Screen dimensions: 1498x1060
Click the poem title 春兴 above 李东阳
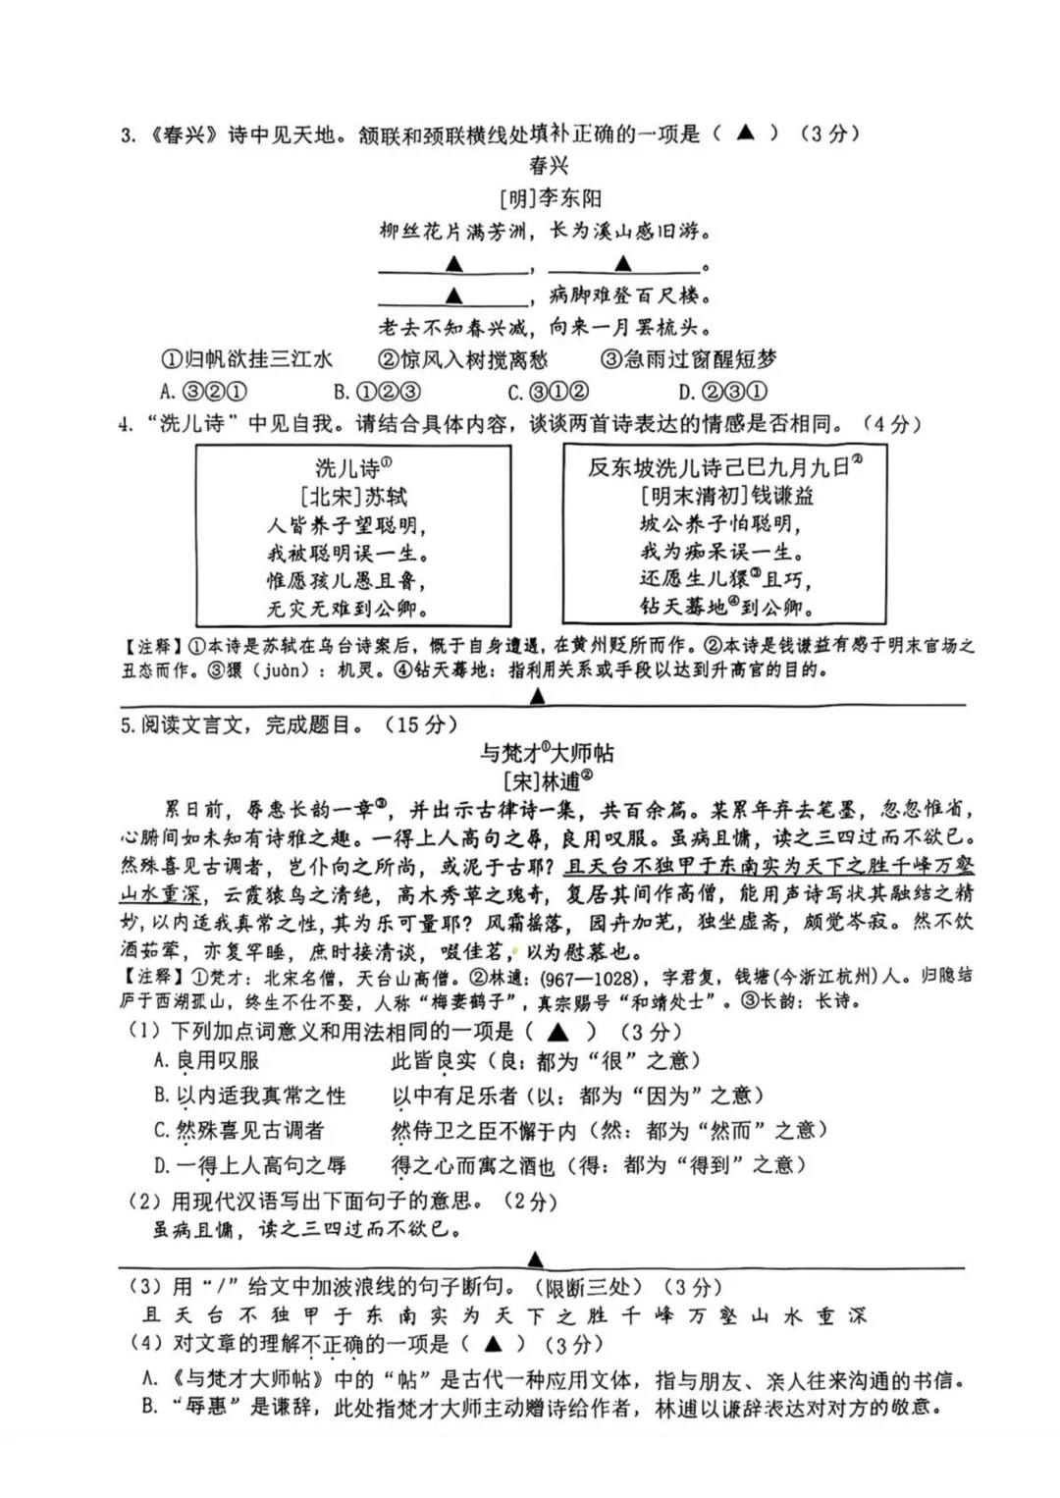[549, 165]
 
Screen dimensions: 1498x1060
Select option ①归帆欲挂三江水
[246, 359]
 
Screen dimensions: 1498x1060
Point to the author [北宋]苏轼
[353, 496]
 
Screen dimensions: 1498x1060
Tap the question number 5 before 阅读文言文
[127, 725]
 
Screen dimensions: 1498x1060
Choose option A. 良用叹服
[207, 1060]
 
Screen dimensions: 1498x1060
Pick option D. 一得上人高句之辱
[250, 1165]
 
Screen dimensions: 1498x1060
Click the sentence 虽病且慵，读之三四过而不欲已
[308, 1229]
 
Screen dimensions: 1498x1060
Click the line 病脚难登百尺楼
[630, 295]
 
